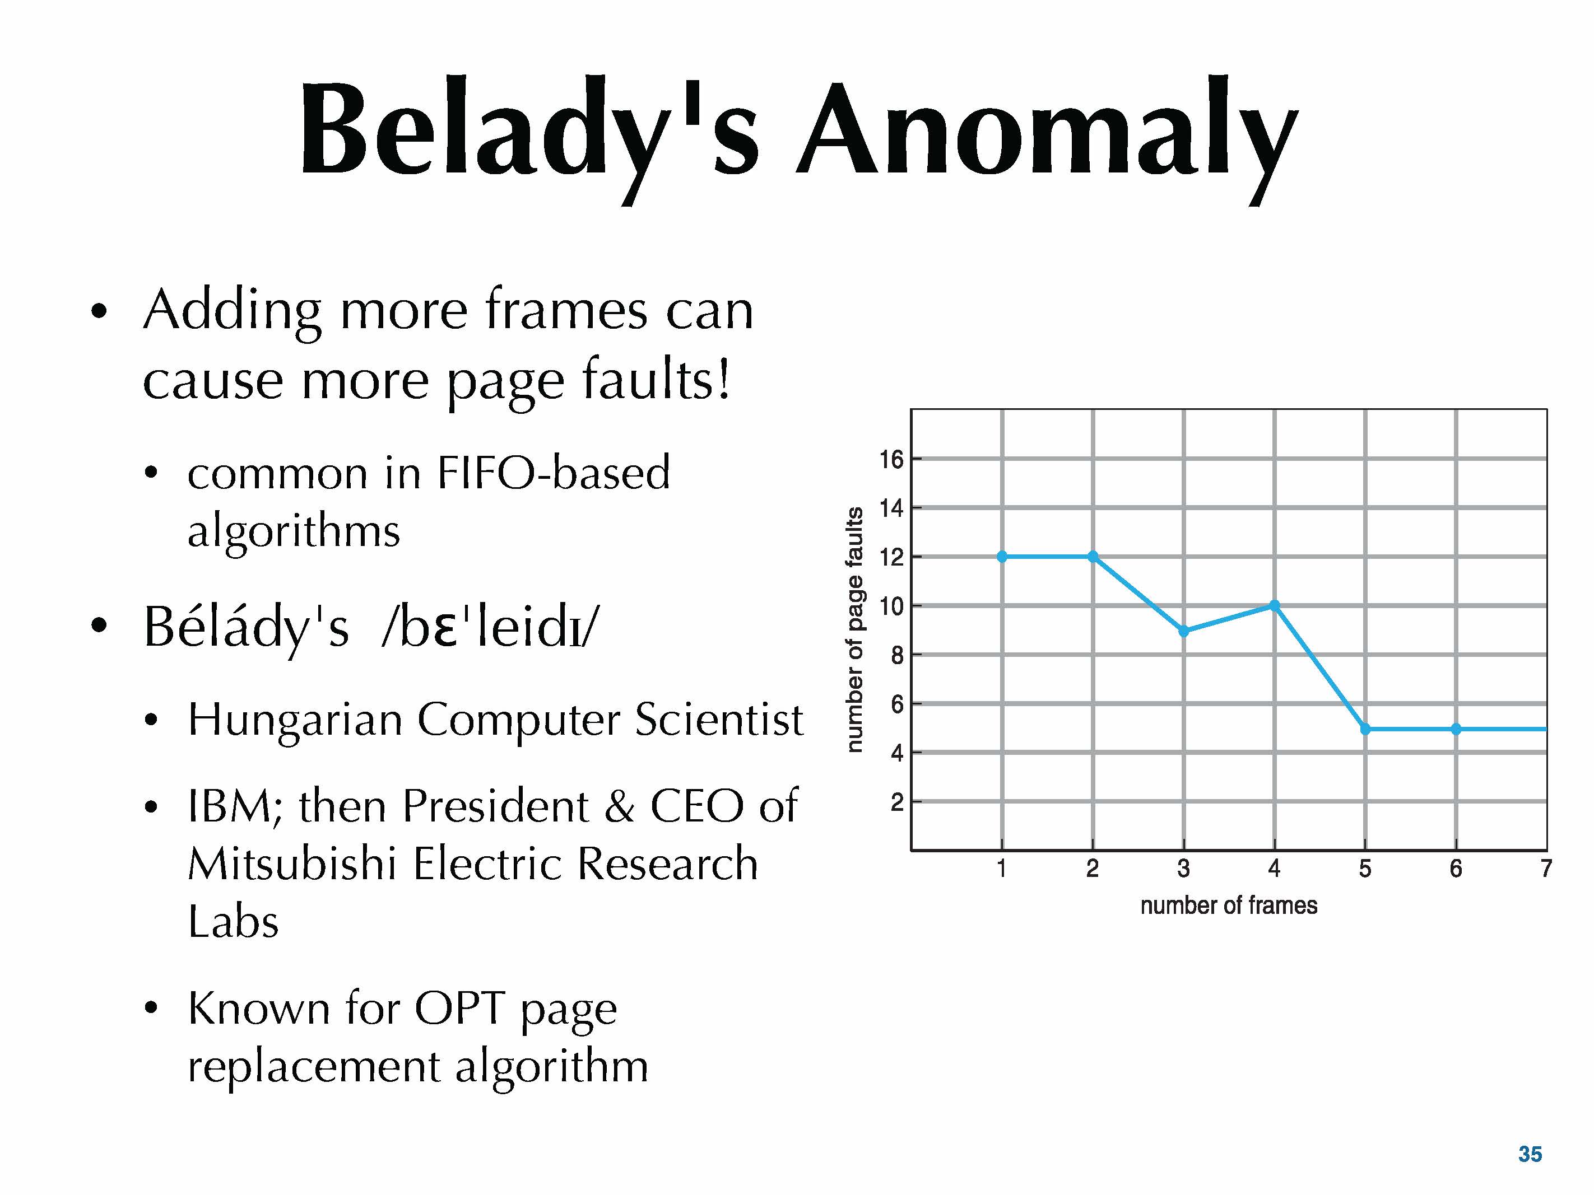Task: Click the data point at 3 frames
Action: click(x=1184, y=631)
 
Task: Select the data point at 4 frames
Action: click(x=1275, y=606)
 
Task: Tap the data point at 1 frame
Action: click(x=1002, y=556)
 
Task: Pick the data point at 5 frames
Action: click(x=1365, y=729)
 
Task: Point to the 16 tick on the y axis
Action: click(x=891, y=459)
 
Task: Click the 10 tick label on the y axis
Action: click(x=891, y=606)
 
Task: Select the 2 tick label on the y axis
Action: click(x=897, y=802)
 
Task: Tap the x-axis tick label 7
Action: click(x=1546, y=869)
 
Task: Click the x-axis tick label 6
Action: click(x=1456, y=869)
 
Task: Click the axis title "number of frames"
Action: click(x=1229, y=905)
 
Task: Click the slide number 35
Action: click(x=1530, y=1154)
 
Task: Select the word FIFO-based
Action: click(x=554, y=473)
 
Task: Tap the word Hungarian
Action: click(x=295, y=720)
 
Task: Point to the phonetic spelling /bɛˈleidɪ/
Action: click(x=490, y=626)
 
